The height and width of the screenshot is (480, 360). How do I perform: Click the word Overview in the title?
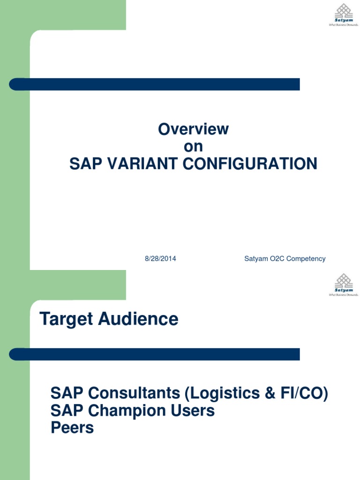(x=193, y=129)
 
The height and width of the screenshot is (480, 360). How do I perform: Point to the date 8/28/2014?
(x=160, y=259)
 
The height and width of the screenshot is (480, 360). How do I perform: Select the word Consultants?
(x=134, y=394)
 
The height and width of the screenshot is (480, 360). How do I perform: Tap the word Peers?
(x=72, y=428)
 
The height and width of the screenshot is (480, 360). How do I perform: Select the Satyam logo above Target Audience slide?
(x=343, y=285)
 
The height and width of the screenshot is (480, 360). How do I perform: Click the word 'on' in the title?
(x=193, y=147)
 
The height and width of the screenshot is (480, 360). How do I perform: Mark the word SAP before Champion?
(x=67, y=411)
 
